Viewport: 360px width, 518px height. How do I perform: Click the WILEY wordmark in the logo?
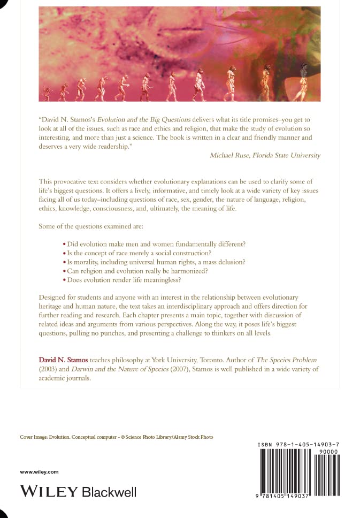(x=48, y=491)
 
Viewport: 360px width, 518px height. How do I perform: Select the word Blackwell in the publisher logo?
(x=109, y=491)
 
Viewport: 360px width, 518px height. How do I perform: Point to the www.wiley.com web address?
(x=39, y=471)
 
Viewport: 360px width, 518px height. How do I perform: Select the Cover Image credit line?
(x=116, y=437)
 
